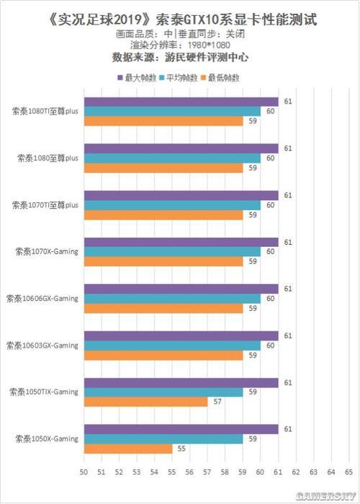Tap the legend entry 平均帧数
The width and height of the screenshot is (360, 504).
[x=181, y=76]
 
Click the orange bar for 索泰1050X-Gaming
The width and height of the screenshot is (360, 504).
[x=128, y=449]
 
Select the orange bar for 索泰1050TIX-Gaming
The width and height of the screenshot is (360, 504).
[x=145, y=402]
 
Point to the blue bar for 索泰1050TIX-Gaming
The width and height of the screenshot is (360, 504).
[x=163, y=392]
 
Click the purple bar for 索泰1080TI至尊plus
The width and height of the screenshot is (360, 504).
[x=181, y=102]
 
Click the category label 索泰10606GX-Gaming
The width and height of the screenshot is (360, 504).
[x=42, y=299]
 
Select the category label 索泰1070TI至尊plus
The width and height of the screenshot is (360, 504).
[x=45, y=205]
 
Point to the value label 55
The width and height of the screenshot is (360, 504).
[x=182, y=449]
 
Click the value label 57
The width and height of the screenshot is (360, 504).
[x=217, y=402]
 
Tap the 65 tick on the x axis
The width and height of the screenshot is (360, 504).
[x=348, y=472]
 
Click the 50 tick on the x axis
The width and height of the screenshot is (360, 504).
[x=84, y=472]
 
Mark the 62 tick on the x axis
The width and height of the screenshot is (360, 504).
[x=295, y=472]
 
